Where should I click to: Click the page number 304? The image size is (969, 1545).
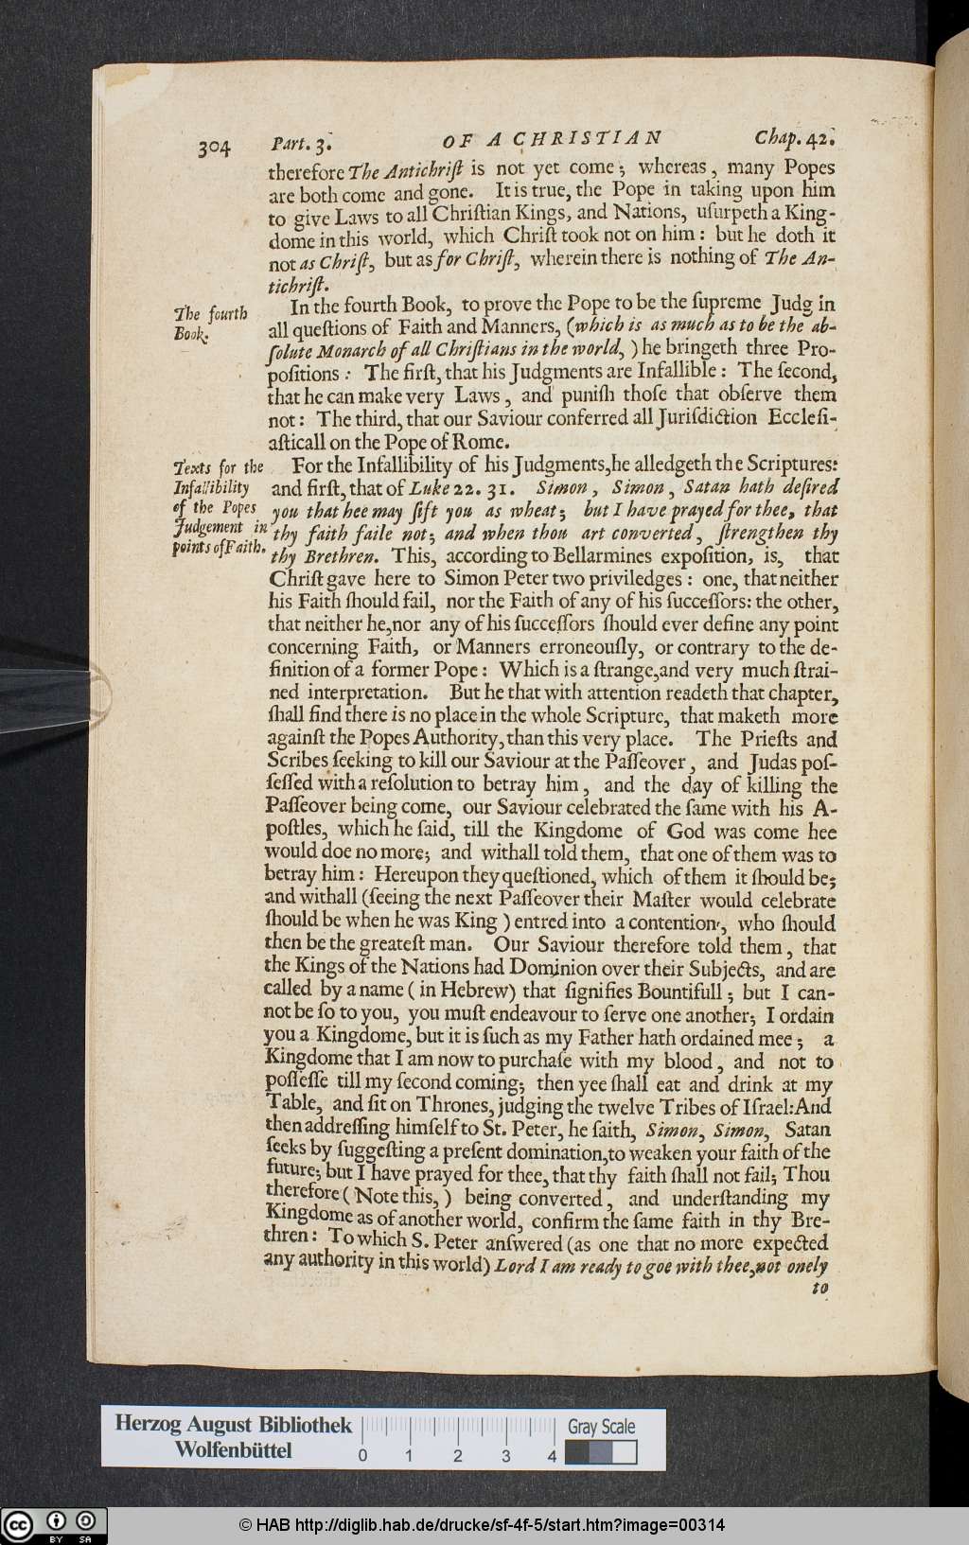point(215,147)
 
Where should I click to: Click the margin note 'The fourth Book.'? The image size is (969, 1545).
point(210,323)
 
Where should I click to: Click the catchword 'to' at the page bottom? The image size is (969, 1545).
point(819,1288)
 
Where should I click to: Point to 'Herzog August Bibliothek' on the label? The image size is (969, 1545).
point(233,1424)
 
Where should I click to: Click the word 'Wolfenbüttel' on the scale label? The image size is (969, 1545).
point(233,1450)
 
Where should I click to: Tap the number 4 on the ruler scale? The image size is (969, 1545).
point(552,1456)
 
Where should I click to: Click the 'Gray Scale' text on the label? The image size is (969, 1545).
point(602,1427)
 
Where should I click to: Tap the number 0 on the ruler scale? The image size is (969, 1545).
point(362,1456)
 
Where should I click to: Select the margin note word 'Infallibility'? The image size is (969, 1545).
point(211,488)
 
